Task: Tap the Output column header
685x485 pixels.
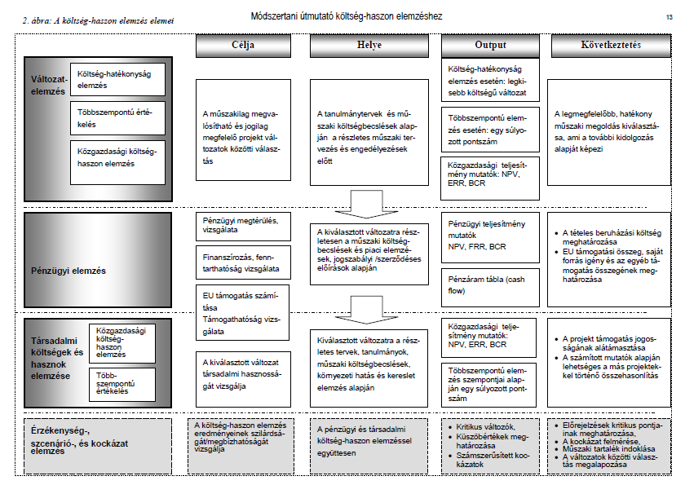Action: click(490, 46)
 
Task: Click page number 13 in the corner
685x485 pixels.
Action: click(668, 16)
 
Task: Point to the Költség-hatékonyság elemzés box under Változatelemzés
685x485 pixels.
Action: click(117, 79)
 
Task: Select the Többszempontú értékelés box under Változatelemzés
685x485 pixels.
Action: click(117, 118)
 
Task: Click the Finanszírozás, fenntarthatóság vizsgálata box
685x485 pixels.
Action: click(242, 262)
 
